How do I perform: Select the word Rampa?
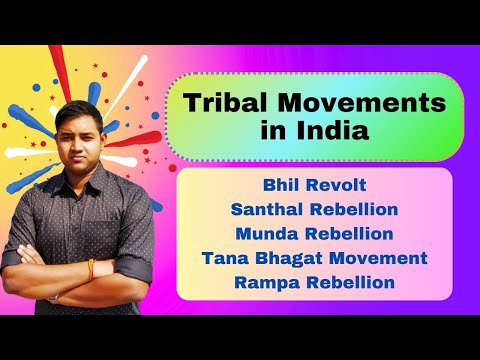tap(266, 282)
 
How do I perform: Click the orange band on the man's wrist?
tap(91, 268)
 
